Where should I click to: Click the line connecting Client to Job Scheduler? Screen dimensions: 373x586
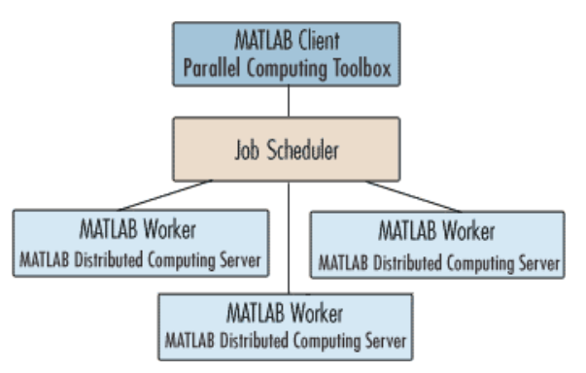click(x=289, y=101)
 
